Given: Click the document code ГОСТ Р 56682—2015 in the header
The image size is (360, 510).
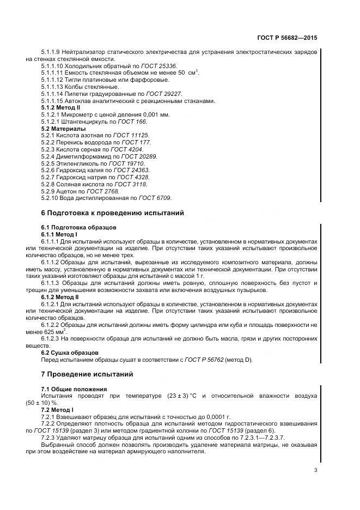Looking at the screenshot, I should [286, 39].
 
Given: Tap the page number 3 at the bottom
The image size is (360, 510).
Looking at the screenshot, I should [315, 470].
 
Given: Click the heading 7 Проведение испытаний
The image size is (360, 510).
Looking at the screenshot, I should [87, 374].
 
